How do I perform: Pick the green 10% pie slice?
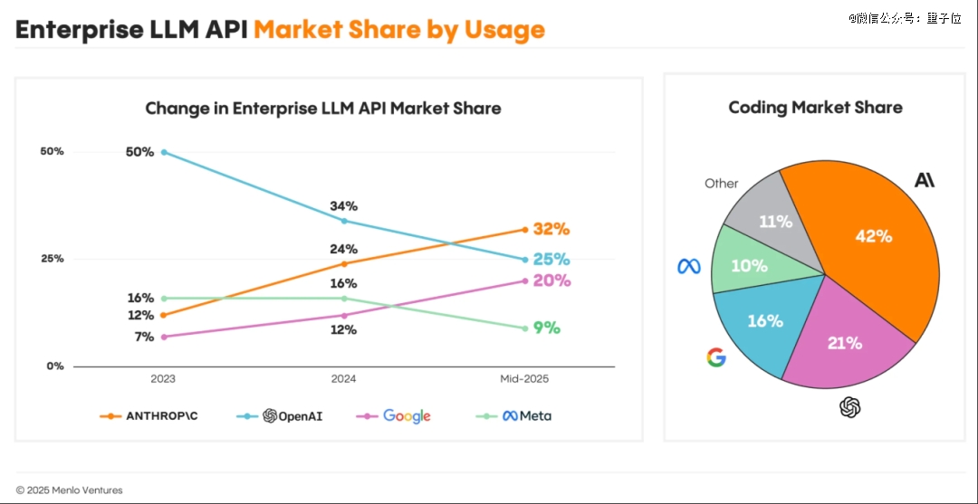pos(748,265)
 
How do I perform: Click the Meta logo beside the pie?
pos(689,266)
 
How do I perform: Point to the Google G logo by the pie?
pos(716,357)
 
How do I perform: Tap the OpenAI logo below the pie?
pos(849,408)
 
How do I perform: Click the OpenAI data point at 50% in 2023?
pos(164,152)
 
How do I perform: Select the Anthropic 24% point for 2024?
pos(343,263)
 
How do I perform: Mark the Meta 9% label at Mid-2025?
pos(546,328)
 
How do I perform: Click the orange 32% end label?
pos(551,229)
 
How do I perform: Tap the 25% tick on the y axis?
pos(52,259)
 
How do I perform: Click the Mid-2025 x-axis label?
pos(524,379)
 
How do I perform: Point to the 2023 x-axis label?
pos(163,379)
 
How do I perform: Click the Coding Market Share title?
pos(815,108)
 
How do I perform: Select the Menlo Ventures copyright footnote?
pos(69,490)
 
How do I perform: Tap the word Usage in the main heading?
pos(504,30)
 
